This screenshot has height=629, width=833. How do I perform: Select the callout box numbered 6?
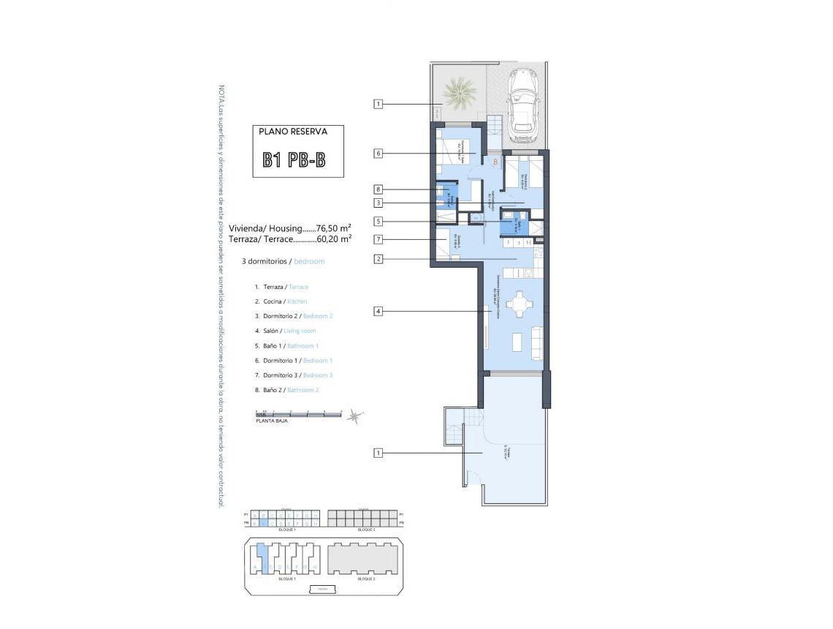tap(378, 154)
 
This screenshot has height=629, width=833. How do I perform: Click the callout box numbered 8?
tap(378, 189)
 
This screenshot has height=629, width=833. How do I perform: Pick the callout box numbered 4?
tap(378, 312)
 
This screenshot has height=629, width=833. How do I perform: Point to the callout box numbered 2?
tap(378, 258)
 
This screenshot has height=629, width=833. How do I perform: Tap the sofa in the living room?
tap(537, 341)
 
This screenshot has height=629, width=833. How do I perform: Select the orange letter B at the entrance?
tap(495, 162)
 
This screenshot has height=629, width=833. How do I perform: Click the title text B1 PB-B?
tap(295, 160)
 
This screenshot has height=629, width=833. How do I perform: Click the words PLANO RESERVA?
tap(293, 132)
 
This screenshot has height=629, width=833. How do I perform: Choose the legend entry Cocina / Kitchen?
tap(281, 301)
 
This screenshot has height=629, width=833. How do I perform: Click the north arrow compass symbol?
tap(354, 416)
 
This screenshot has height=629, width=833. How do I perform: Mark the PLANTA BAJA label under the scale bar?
tap(270, 422)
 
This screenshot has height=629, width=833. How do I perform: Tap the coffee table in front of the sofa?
tap(516, 342)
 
